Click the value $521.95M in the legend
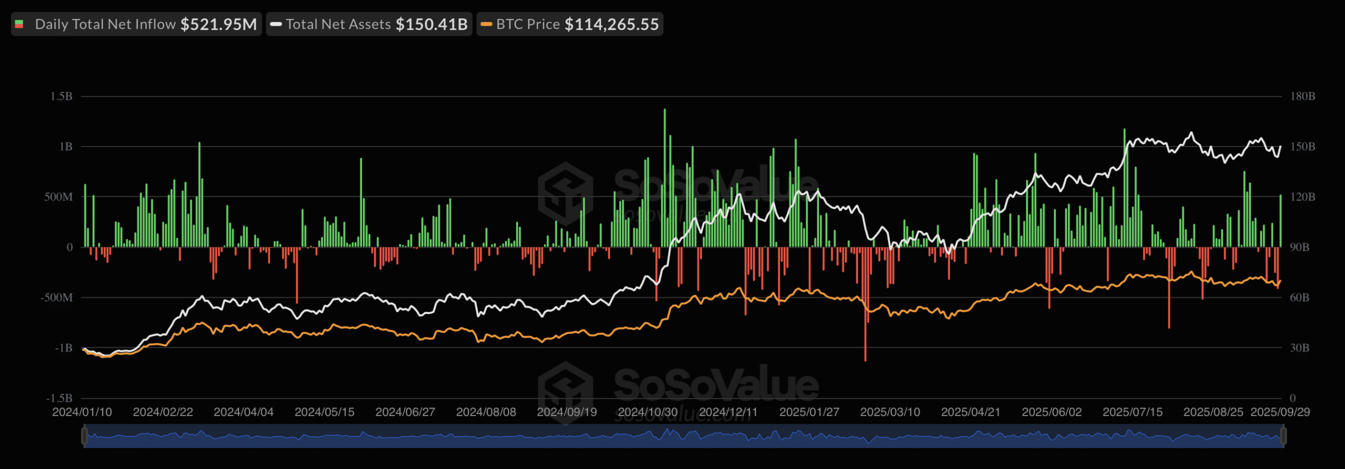coord(219,24)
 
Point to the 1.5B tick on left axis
coord(61,96)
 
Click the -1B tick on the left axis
coord(64,348)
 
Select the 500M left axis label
coord(58,197)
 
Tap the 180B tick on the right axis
coord(1302,96)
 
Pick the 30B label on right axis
coord(1299,348)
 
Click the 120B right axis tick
coord(1302,197)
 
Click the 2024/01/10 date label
coord(82,412)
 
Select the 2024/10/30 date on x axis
coord(647,412)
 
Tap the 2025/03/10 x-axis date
coord(890,412)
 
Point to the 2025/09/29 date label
coord(1280,412)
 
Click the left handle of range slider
coord(84,436)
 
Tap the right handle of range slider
coord(1283,436)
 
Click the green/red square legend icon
coord(19,24)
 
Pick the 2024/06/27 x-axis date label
coord(405,412)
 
